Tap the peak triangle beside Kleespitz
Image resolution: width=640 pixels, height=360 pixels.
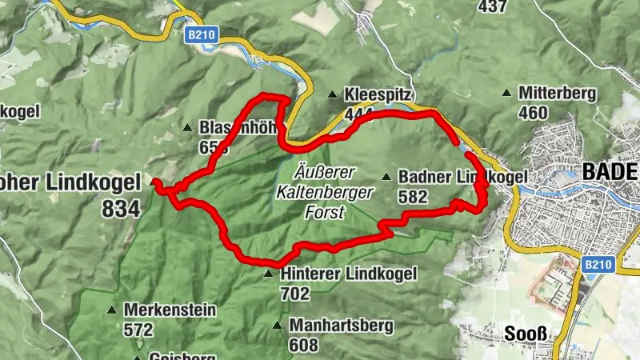coord(332,95)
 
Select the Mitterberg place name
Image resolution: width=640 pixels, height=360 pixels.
coord(557,94)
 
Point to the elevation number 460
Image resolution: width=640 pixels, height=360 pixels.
coord(533,113)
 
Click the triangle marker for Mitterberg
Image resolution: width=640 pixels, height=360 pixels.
coord(506,94)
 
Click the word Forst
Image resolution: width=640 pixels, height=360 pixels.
coord(324,213)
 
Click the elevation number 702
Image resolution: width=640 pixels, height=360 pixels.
coord(295,294)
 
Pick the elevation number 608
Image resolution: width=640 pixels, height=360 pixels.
coord(303,345)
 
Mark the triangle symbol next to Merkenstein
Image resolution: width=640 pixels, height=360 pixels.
coord(113,309)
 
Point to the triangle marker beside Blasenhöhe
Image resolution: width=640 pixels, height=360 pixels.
coord(187,127)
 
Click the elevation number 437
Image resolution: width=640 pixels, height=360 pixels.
coord(493,7)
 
